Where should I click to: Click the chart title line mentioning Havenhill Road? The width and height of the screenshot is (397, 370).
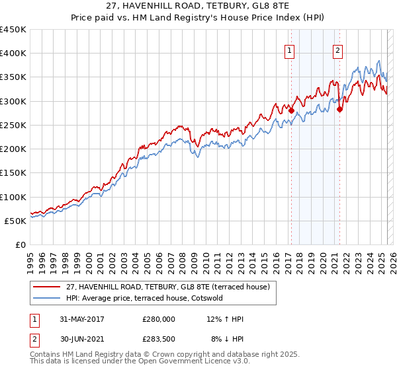point(198,6)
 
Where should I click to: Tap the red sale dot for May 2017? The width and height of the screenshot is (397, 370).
point(290,110)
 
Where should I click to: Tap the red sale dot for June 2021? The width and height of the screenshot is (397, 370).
point(339,109)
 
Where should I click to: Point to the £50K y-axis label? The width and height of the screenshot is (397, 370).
point(16,221)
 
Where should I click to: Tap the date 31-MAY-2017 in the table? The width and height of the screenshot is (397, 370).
point(81,319)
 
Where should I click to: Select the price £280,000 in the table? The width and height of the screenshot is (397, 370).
point(159,319)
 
